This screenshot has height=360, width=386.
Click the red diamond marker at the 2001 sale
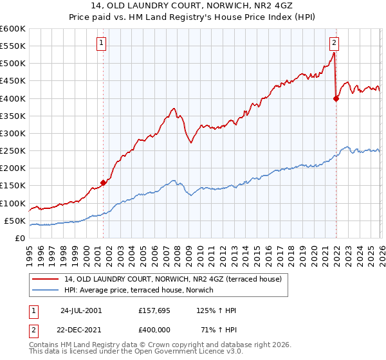pyautogui.click(x=104, y=183)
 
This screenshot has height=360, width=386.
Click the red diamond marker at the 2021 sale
pyautogui.click(x=336, y=98)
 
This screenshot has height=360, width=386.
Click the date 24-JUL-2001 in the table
pyautogui.click(x=80, y=310)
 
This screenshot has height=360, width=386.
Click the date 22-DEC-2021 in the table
pyautogui.click(x=80, y=330)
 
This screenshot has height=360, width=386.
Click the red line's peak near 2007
pyautogui.click(x=174, y=108)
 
